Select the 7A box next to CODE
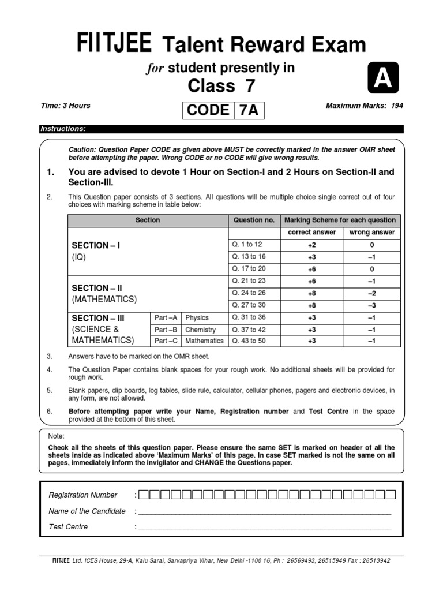(x=249, y=110)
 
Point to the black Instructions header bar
(x=221, y=129)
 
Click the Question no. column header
(x=253, y=220)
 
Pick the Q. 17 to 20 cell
(x=249, y=268)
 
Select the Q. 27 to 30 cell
(x=249, y=305)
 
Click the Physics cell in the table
(x=197, y=317)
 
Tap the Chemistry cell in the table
(x=201, y=330)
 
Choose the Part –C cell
(x=166, y=341)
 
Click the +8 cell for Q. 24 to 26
(x=311, y=293)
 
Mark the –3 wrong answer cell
(x=372, y=305)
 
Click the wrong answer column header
(x=372, y=233)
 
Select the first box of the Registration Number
(x=144, y=495)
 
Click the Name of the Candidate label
(x=87, y=511)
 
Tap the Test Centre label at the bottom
(x=69, y=526)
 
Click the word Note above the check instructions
(x=57, y=436)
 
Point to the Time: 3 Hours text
(x=65, y=106)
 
